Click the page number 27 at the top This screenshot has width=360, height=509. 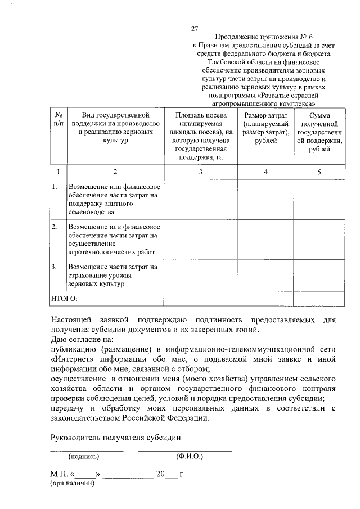click(x=195, y=28)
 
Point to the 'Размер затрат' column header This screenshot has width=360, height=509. click(x=265, y=128)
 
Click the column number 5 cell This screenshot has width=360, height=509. click(x=319, y=172)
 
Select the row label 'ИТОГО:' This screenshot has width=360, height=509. click(x=64, y=298)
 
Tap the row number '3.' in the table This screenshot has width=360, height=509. click(x=55, y=266)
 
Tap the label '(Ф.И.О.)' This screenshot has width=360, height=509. click(x=189, y=457)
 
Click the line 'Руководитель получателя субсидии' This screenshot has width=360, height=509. click(x=116, y=437)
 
